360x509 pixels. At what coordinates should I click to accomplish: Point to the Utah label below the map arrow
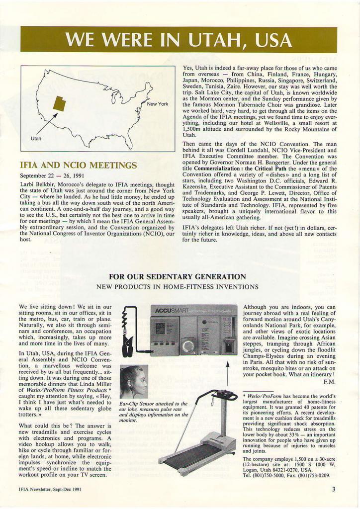tap(36, 139)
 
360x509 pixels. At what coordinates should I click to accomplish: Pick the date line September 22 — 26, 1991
tap(52, 175)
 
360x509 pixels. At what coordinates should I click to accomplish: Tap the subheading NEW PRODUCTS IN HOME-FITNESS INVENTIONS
tap(177, 287)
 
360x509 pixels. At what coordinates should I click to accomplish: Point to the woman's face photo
tap(134, 382)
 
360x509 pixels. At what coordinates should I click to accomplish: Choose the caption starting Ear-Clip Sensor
tap(154, 412)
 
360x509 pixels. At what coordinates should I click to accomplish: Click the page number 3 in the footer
tap(334, 489)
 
